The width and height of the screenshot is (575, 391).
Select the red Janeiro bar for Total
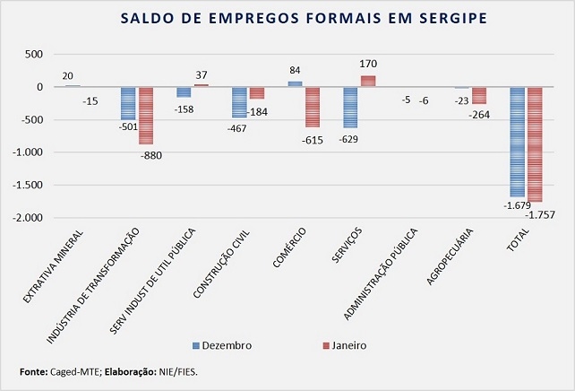pyautogui.click(x=535, y=144)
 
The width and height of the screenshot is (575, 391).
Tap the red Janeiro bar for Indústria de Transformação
pyautogui.click(x=146, y=116)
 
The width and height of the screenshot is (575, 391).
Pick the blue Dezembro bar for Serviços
pyautogui.click(x=350, y=108)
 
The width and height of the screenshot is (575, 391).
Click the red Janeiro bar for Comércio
pyautogui.click(x=312, y=107)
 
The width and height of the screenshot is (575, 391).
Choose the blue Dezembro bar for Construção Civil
pyautogui.click(x=239, y=102)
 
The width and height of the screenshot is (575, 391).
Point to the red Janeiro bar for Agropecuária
pyautogui.click(x=479, y=96)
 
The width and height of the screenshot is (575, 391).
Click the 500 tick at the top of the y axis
pyautogui.click(x=33, y=55)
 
